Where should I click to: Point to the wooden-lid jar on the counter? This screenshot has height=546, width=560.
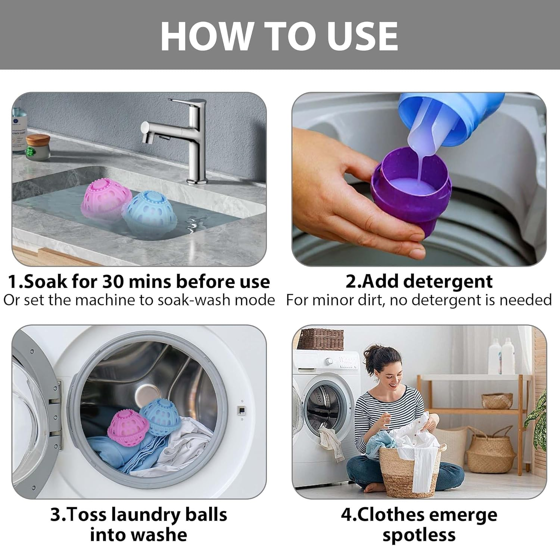pyautogui.click(x=38, y=147)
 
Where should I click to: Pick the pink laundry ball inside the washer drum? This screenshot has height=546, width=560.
pyautogui.click(x=125, y=428)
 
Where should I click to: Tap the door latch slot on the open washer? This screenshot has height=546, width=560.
pyautogui.click(x=242, y=410)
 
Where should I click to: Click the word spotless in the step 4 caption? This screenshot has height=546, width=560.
pyautogui.click(x=419, y=535)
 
